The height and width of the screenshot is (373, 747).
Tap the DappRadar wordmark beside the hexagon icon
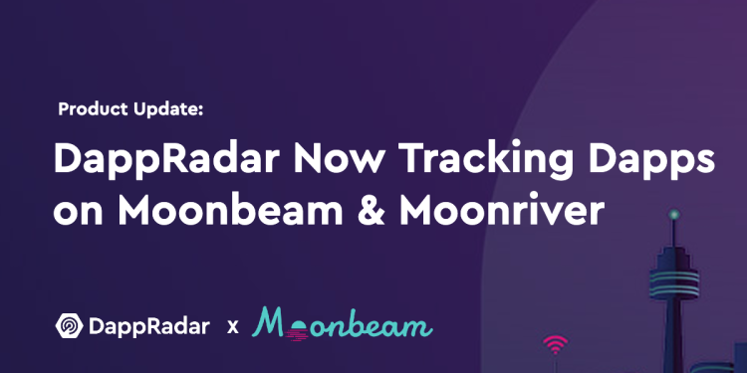tap(150, 326)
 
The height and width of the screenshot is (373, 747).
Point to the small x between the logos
tap(233, 326)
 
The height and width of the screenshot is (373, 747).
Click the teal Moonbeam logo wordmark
tap(343, 323)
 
